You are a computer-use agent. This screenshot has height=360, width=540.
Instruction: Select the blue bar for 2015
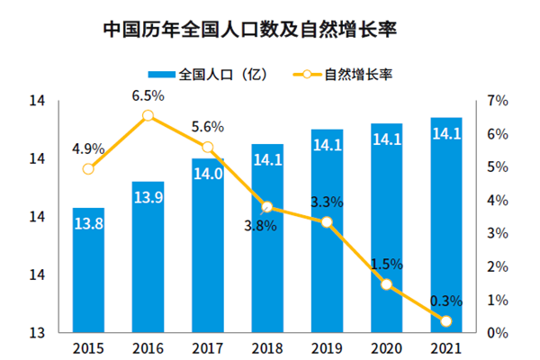(x=88, y=270)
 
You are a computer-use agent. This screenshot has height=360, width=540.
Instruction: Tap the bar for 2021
(x=446, y=225)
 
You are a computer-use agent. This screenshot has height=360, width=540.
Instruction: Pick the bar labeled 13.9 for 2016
(x=148, y=256)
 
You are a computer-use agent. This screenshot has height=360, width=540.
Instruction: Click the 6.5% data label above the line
(x=148, y=94)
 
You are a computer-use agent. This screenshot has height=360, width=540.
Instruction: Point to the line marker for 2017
(x=208, y=148)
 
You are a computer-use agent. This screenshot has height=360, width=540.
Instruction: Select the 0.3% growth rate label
(x=446, y=300)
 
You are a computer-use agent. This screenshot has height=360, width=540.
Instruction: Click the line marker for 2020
(x=387, y=284)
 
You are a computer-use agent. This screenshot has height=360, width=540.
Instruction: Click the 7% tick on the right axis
(x=499, y=102)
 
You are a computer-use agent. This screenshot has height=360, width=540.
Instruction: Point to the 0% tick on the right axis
(x=499, y=333)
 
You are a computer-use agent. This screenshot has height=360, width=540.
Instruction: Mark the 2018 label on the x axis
(x=267, y=349)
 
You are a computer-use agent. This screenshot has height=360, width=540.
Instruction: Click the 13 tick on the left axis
(x=37, y=333)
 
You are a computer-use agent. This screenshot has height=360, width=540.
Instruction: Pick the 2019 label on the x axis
(x=327, y=349)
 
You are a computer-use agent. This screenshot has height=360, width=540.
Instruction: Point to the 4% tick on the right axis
(x=499, y=201)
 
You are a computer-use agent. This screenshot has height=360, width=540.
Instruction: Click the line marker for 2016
(x=148, y=115)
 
